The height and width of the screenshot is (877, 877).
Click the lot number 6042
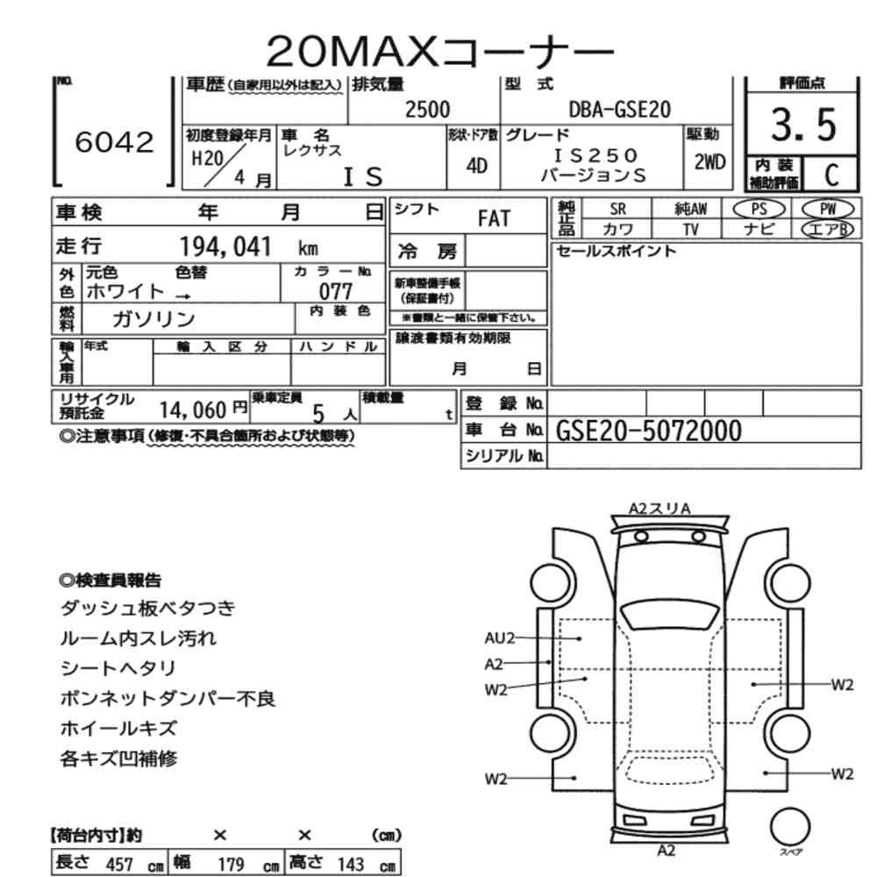[x=114, y=142]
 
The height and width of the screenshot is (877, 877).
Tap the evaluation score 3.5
[x=803, y=125]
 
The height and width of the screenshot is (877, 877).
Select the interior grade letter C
[x=831, y=175]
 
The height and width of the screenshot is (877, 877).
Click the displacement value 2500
[x=427, y=110]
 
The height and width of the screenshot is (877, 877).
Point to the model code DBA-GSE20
[x=620, y=110]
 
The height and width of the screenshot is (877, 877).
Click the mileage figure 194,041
[x=225, y=246]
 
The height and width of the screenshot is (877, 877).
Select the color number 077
[x=336, y=291]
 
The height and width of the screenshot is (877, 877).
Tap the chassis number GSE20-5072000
[x=649, y=431]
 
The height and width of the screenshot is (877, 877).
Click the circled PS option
[x=759, y=210]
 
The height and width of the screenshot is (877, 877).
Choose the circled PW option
[x=828, y=210]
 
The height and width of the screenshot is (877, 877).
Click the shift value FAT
[x=494, y=218]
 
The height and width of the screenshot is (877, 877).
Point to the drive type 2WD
[x=709, y=162]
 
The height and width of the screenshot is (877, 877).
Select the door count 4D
[x=476, y=166]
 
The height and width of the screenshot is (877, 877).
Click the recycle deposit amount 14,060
[x=193, y=410]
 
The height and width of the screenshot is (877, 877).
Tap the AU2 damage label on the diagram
[x=499, y=638]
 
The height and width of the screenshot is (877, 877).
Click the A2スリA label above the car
[x=660, y=509]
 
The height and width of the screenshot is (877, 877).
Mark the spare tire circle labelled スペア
[x=790, y=827]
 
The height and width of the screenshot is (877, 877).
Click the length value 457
[x=119, y=864]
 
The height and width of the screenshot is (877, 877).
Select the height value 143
[x=351, y=864]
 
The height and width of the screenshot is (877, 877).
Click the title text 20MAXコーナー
[x=439, y=52]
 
